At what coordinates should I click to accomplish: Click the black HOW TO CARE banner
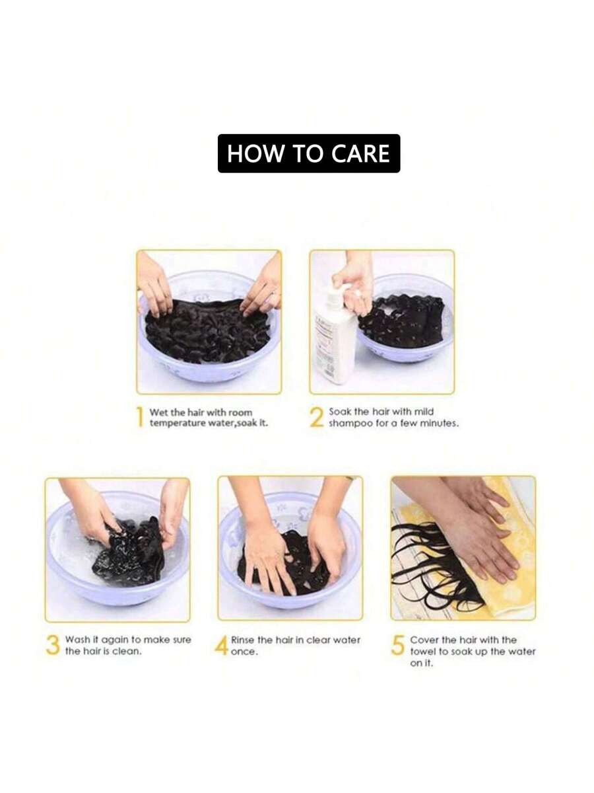(x=309, y=153)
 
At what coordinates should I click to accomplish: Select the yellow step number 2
(x=317, y=417)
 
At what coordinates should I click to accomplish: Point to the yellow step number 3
(x=53, y=645)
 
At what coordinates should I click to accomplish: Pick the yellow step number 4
(x=222, y=645)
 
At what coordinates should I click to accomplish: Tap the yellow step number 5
(x=397, y=645)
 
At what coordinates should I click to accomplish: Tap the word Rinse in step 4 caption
(x=242, y=640)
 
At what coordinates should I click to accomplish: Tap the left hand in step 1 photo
(x=154, y=284)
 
